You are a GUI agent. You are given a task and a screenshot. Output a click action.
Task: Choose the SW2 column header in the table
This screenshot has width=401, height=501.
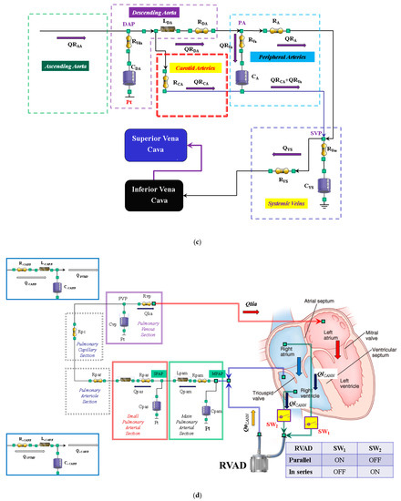tap(374, 446)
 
